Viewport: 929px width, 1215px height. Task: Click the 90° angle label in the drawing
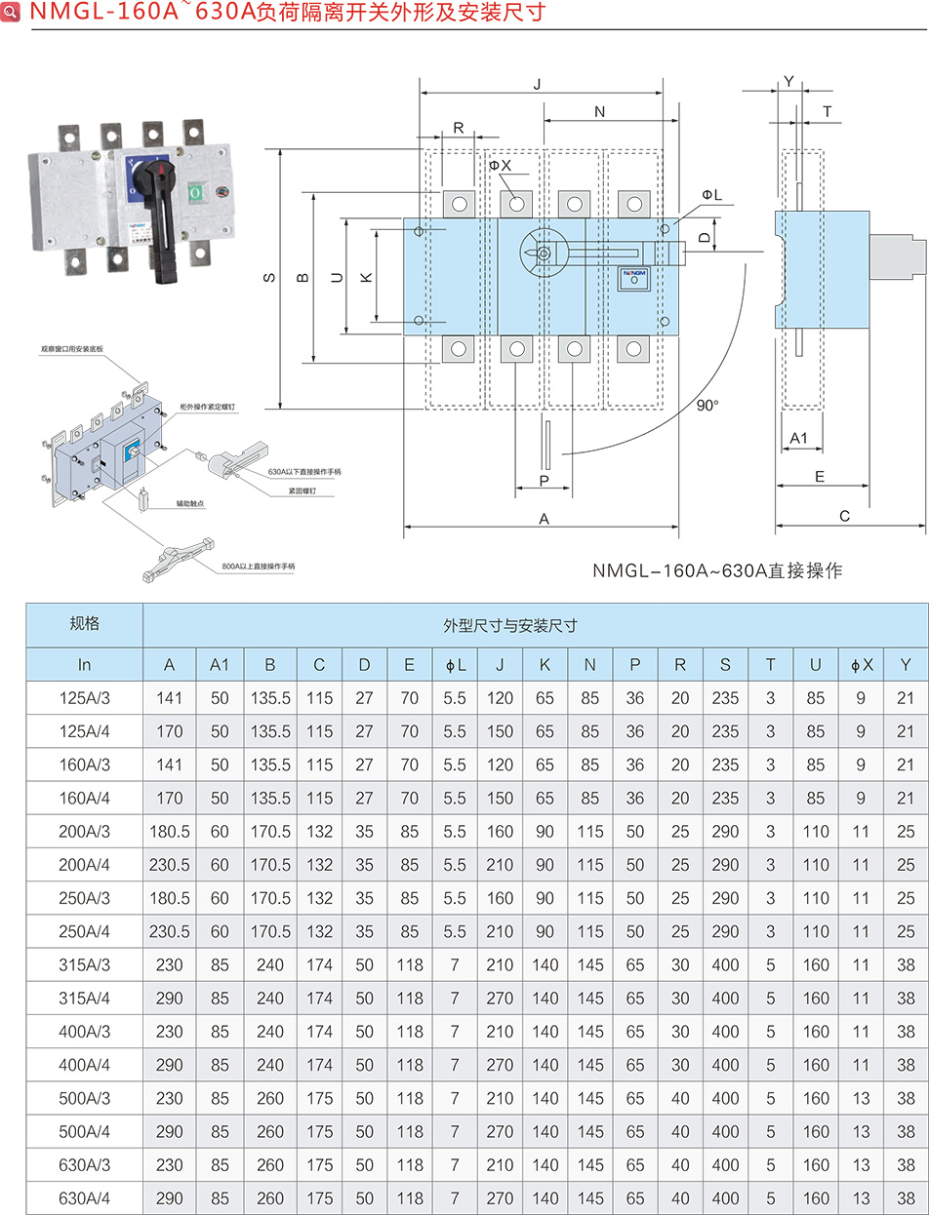(707, 406)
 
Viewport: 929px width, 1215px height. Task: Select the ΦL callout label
(711, 196)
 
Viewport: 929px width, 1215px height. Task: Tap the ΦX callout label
(501, 166)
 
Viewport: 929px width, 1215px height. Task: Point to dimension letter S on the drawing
(269, 279)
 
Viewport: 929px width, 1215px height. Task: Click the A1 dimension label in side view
(798, 438)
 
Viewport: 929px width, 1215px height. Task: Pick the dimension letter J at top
(538, 85)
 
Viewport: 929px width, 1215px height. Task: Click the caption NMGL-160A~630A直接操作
(717, 570)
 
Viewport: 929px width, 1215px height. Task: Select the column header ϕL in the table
(456, 665)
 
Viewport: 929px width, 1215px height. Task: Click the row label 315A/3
(85, 964)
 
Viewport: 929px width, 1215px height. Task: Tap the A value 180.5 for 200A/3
(170, 832)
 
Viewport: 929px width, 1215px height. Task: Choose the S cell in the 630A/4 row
(725, 1197)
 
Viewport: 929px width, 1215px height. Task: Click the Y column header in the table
(906, 665)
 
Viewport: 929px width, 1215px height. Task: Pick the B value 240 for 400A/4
(270, 1065)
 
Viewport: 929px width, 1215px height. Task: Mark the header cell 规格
(85, 624)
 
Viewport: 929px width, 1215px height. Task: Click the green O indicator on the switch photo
(194, 192)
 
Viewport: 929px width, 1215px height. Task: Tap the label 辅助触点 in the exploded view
(190, 503)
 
